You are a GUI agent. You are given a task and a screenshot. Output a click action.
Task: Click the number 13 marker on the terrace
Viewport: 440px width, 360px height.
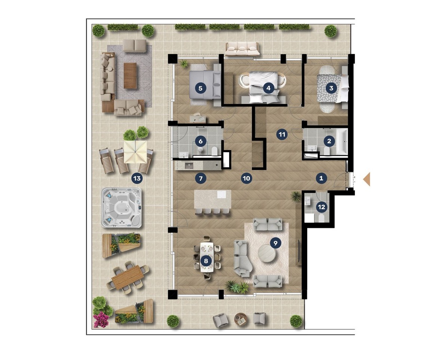(x=137, y=178)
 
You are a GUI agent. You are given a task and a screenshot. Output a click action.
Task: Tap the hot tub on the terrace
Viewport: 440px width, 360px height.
(x=121, y=208)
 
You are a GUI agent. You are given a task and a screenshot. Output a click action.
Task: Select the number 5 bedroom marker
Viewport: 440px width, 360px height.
(x=200, y=88)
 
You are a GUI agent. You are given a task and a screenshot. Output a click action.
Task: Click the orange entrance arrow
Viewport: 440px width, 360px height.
(x=366, y=179)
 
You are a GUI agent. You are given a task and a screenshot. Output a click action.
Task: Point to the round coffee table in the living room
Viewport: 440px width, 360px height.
(x=267, y=253)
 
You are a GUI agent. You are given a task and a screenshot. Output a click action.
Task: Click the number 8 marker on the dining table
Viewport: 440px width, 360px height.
(x=206, y=261)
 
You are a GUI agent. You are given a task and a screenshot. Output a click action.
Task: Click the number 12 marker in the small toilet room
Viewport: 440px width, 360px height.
(x=321, y=207)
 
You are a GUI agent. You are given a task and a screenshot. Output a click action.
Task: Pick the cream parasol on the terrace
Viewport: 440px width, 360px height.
(x=135, y=152)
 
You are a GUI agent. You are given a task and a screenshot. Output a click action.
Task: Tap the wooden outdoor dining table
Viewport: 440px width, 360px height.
(x=128, y=277)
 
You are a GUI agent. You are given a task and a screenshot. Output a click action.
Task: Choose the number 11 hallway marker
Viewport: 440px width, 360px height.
(x=282, y=134)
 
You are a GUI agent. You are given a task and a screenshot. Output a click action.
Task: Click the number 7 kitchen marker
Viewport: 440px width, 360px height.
(x=200, y=178)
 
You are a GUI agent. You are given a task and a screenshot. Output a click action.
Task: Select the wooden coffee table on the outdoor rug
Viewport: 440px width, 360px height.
(x=130, y=76)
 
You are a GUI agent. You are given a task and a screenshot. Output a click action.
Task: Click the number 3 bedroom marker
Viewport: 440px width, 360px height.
(x=331, y=88)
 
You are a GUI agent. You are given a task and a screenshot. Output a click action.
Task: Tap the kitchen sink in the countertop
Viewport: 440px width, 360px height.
(x=189, y=166)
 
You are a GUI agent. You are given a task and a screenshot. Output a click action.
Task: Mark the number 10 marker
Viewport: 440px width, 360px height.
(x=246, y=178)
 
